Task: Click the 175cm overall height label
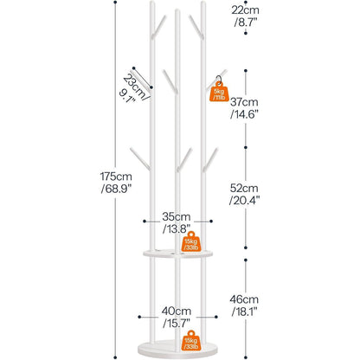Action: [116, 183]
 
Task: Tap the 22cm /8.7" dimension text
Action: [245, 16]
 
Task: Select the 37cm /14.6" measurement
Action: [244, 108]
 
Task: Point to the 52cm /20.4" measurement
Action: [244, 194]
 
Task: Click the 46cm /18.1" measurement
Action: [244, 305]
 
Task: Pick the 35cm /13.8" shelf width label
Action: [177, 222]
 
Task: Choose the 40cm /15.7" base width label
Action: [177, 317]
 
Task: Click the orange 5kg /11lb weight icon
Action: [219, 92]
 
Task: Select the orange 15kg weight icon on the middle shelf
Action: [191, 241]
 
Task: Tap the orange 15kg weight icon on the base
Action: [191, 340]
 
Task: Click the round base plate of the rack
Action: [177, 350]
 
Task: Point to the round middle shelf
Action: [177, 254]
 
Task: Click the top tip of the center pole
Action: [177, 10]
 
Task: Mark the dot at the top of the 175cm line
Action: [115, 3]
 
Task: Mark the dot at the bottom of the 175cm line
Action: [115, 357]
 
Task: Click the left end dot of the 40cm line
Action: [139, 317]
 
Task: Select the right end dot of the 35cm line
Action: [211, 222]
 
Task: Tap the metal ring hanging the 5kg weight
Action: [219, 80]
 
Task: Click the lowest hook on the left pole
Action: [140, 158]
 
